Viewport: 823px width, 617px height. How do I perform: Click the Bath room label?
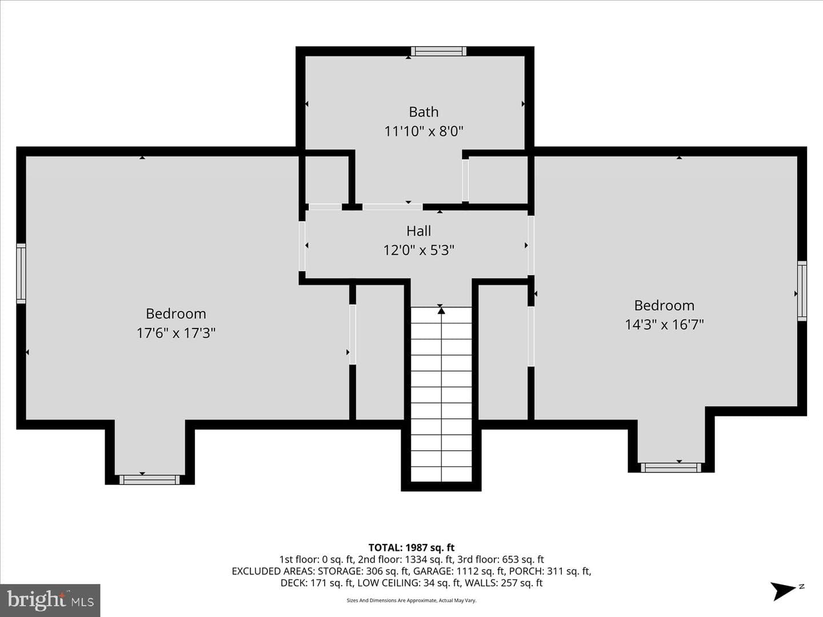pos(424,111)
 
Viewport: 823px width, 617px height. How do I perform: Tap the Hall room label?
pos(418,231)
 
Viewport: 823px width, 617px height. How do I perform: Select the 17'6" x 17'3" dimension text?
pos(176,332)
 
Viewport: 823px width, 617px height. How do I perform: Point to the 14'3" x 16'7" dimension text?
pos(664,324)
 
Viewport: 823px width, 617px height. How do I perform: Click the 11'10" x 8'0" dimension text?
pos(424,131)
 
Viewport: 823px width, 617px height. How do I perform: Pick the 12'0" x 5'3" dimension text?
pos(418,250)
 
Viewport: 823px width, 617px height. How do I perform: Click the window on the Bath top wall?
pos(438,51)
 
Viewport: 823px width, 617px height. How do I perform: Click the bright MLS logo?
pos(50,600)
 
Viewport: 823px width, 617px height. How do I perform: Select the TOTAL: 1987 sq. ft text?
pos(411,548)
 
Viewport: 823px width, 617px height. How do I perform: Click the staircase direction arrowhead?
pos(441,311)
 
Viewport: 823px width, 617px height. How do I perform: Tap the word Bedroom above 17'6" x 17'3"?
pos(176,314)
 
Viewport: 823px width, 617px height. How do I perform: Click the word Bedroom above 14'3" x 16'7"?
pos(664,305)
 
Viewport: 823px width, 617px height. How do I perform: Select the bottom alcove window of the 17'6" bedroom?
pos(150,479)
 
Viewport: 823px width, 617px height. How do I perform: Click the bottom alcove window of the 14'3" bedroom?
pos(671,467)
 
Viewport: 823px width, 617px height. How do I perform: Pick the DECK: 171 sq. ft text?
pos(317,583)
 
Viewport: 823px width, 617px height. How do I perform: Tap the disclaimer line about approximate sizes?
pos(411,600)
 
